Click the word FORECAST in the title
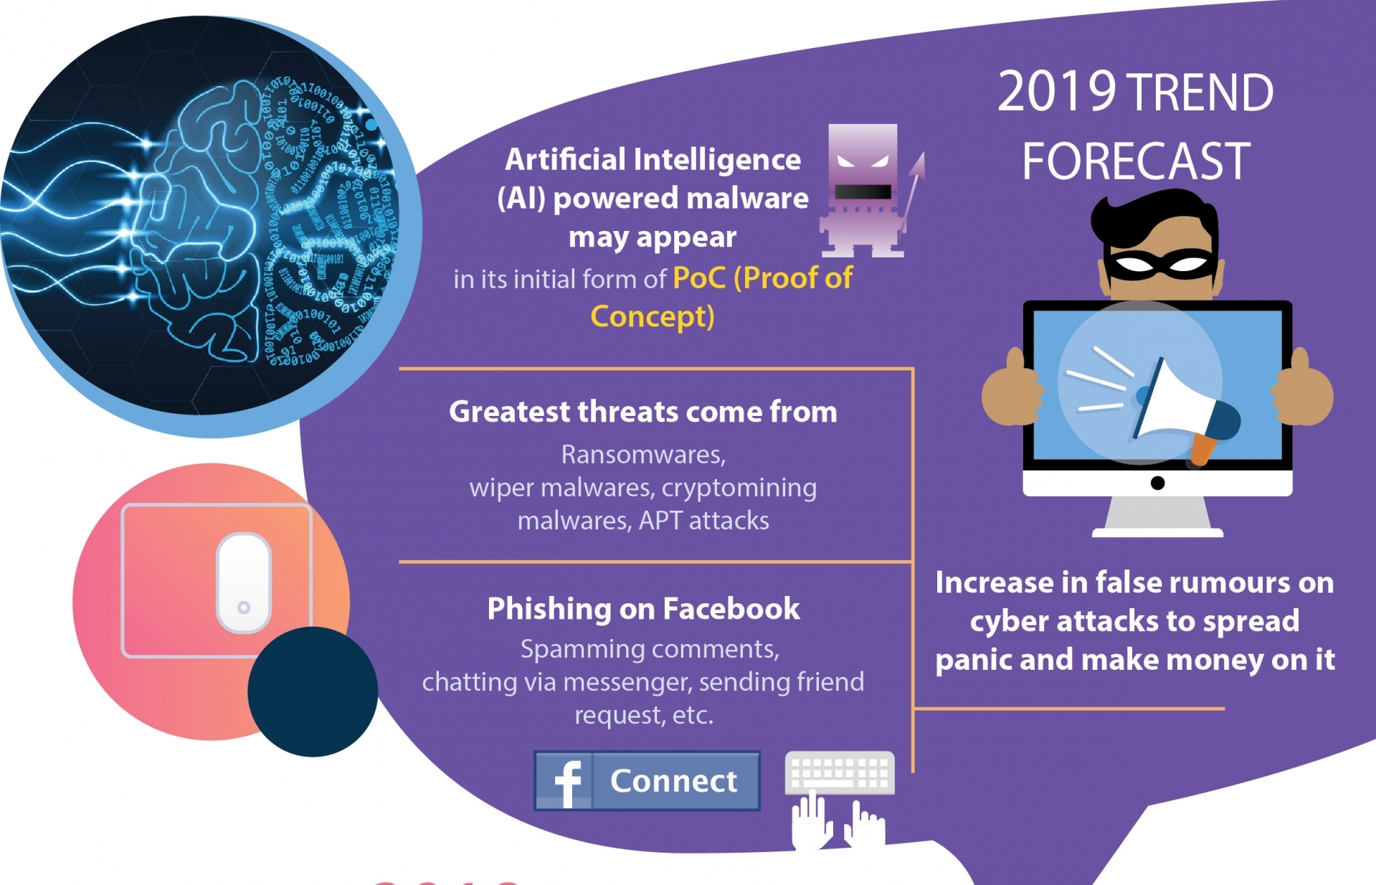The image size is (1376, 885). pos(1136,161)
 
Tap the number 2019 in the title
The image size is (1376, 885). pos(1056,92)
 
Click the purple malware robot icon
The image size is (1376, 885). pos(863,191)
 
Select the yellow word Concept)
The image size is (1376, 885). pos(653,316)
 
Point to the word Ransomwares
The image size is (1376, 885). pos(643,455)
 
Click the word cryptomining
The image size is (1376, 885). pos(739,488)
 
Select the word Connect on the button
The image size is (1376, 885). pos(673,781)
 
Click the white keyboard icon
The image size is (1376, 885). pos(840,772)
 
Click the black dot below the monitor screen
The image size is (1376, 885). pos(1157,483)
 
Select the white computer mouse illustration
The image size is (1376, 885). pos(244,583)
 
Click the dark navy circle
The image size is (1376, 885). pos(313,691)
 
